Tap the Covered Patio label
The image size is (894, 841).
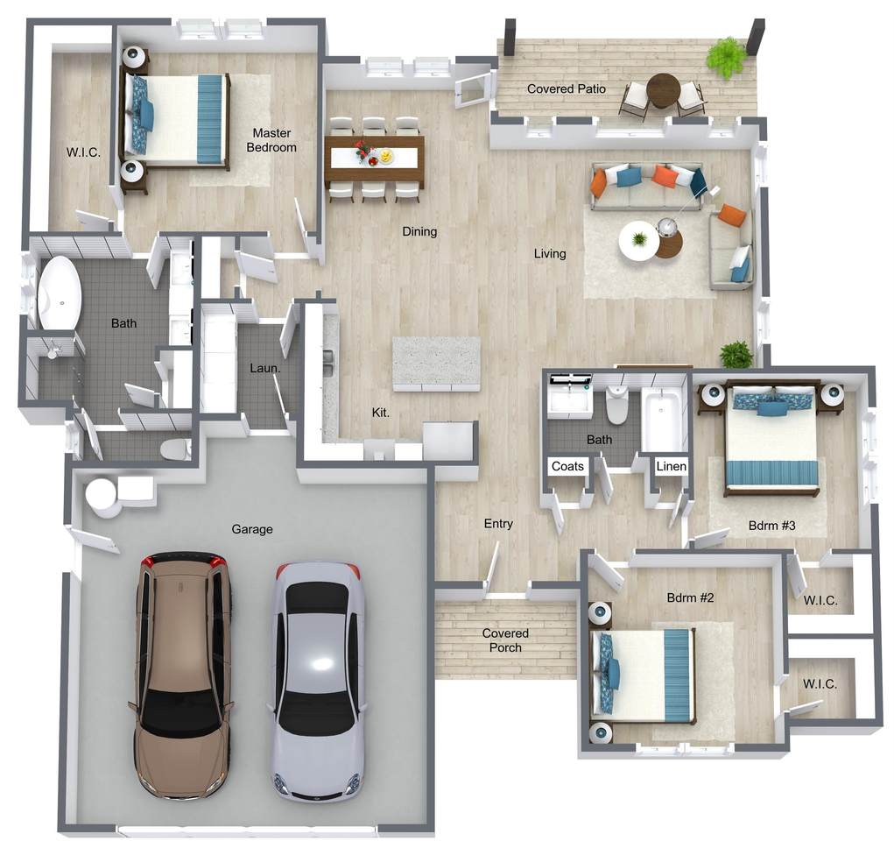click(x=567, y=89)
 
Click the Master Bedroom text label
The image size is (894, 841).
click(x=271, y=140)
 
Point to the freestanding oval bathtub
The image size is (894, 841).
click(x=59, y=293)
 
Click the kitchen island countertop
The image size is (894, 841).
click(x=436, y=364)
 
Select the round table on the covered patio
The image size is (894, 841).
click(x=664, y=91)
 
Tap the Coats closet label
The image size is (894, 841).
click(x=567, y=466)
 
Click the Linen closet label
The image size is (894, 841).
click(x=671, y=466)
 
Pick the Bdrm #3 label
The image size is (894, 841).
click(x=771, y=526)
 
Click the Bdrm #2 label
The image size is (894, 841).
click(x=690, y=598)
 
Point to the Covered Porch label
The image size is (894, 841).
click(x=505, y=640)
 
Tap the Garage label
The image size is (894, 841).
click(x=252, y=529)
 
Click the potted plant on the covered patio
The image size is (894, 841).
click(x=727, y=58)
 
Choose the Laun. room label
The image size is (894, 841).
click(x=265, y=369)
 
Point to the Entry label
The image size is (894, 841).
click(x=498, y=524)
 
